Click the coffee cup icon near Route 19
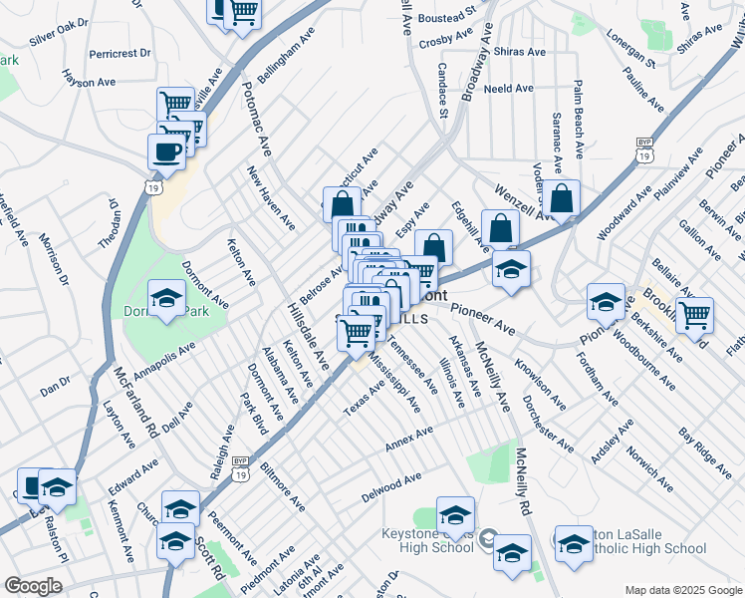166,150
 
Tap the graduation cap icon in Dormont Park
166,297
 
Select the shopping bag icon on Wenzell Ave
562,197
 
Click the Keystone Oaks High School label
427,540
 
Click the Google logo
33,586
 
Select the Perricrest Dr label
119,53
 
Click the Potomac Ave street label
257,119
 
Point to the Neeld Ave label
508,89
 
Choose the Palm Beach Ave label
577,114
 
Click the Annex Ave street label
409,439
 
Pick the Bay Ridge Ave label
705,451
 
